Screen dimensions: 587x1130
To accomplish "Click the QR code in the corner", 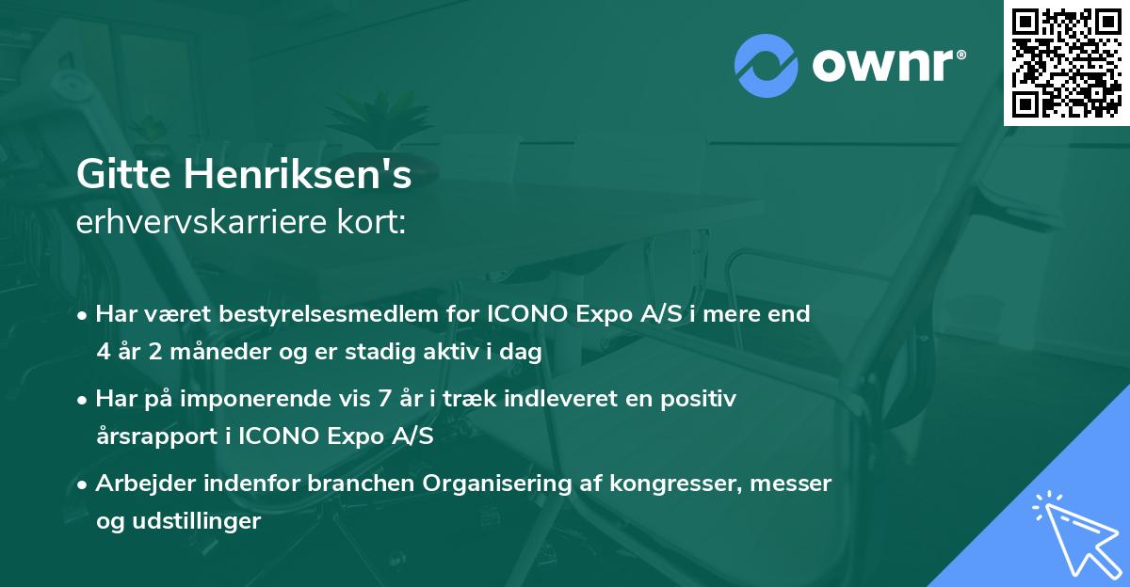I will pyautogui.click(x=1066, y=63).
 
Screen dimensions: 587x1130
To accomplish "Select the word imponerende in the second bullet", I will pyautogui.click(x=299, y=399).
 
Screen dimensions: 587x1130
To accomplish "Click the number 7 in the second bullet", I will pyautogui.click(x=383, y=399).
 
